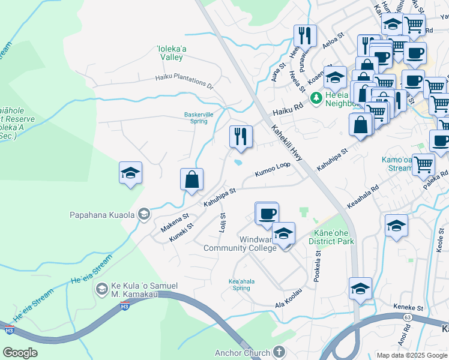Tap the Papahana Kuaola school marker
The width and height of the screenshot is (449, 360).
click(x=144, y=214)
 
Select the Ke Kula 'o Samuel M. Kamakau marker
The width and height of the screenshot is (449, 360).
click(x=102, y=290)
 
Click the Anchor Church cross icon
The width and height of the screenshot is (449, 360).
click(x=277, y=352)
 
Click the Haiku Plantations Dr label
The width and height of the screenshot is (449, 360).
click(x=184, y=80)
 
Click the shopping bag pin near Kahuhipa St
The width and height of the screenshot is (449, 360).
click(x=191, y=179)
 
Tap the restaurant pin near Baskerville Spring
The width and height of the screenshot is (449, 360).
click(x=241, y=136)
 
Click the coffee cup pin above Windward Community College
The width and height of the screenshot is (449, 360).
click(x=267, y=213)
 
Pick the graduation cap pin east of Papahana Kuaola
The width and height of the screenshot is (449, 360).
click(x=130, y=173)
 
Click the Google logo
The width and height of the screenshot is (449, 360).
click(x=20, y=352)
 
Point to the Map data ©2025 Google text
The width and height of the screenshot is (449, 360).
click(x=411, y=355)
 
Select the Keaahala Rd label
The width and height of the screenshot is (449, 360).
click(x=363, y=187)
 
